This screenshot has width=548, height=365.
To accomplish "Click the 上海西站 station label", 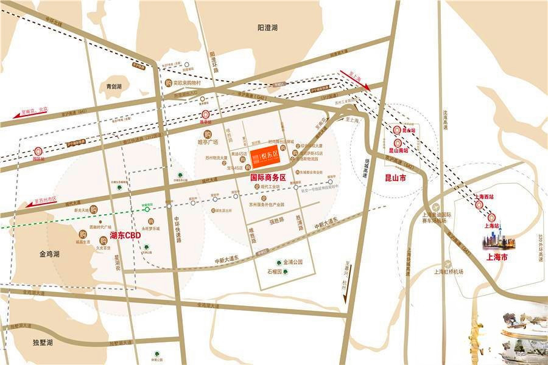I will (x=485, y=196).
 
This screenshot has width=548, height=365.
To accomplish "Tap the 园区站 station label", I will (x=38, y=158).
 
